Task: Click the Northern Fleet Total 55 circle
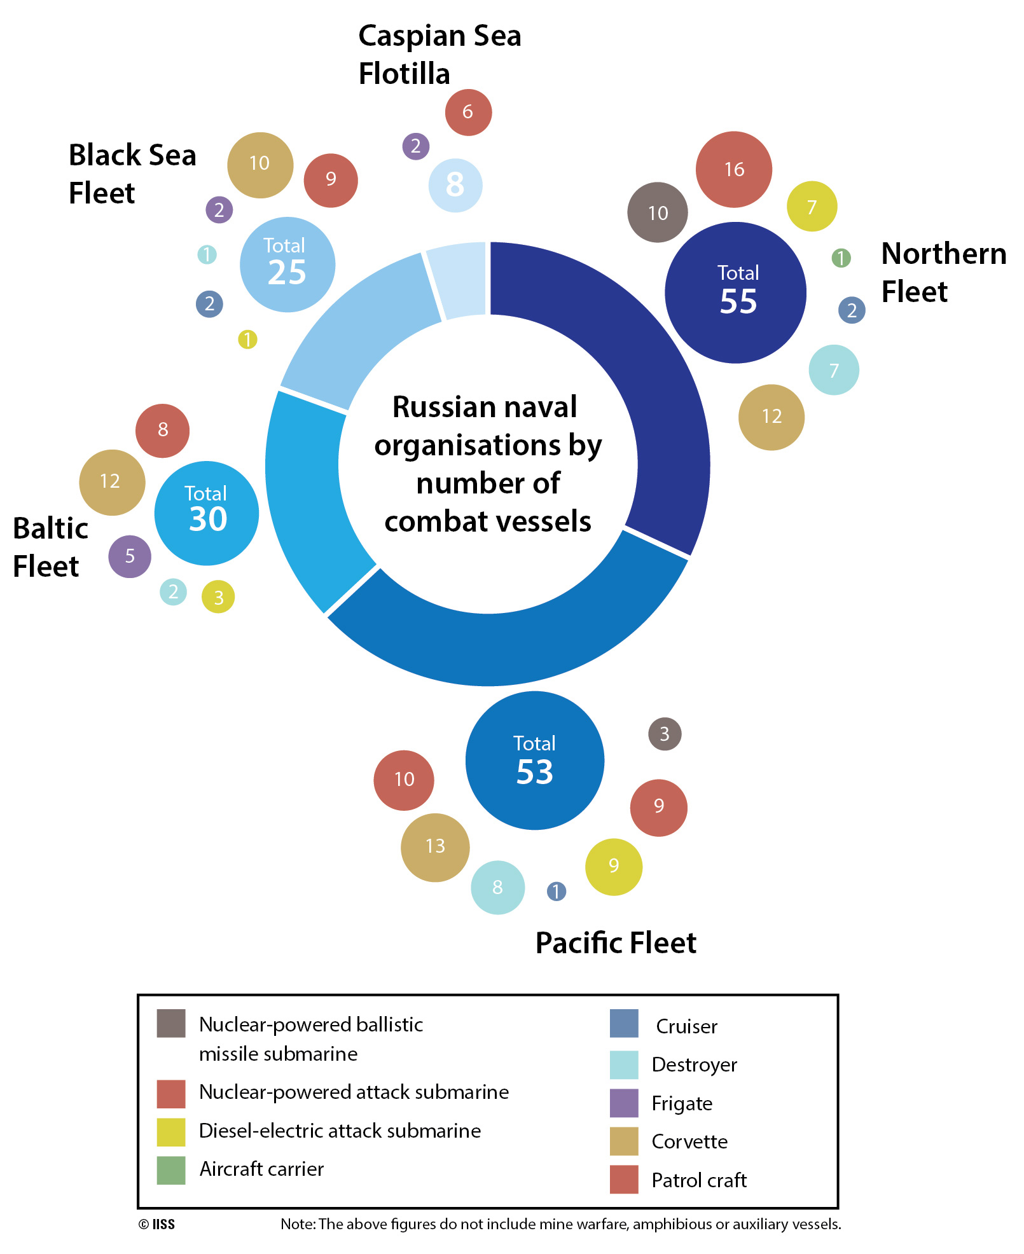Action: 736,293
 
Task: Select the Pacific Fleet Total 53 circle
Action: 534,761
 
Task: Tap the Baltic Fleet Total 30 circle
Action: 207,513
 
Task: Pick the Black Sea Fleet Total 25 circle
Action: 287,265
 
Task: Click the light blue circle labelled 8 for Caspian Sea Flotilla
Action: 455,185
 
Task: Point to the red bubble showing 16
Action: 734,170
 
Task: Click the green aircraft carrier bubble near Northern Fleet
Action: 841,258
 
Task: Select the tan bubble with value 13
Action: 435,847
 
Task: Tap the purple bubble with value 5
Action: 130,556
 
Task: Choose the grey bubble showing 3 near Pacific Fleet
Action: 665,734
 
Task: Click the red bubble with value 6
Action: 468,113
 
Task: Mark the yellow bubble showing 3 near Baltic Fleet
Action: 218,597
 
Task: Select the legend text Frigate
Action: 682,1103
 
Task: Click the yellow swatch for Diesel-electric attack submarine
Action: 171,1131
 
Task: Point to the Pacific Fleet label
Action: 616,943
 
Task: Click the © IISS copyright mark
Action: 156,1225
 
